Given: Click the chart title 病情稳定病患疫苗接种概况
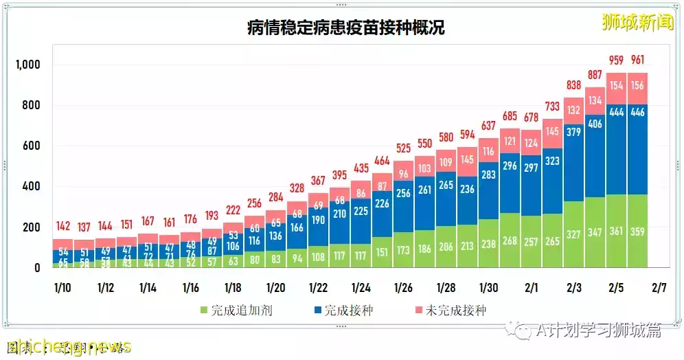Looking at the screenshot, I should coord(345,28).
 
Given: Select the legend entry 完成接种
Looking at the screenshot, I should coord(343,311).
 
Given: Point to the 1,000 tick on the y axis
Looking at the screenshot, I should coord(29,65).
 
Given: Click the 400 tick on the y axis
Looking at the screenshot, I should coord(32,186).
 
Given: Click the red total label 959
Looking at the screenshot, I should coord(617,58).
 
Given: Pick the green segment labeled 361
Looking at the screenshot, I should coord(617,231).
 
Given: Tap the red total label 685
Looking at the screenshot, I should coord(510,115).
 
